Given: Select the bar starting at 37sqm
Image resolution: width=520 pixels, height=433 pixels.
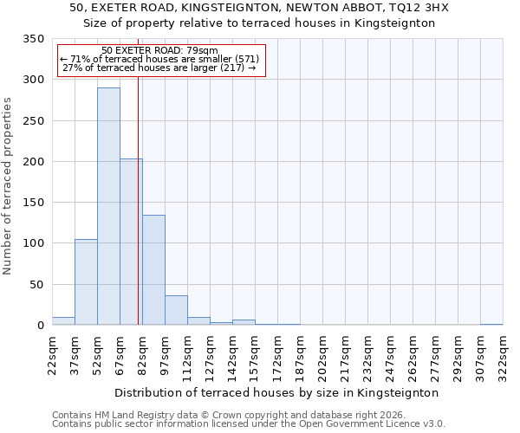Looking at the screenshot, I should point(86,282).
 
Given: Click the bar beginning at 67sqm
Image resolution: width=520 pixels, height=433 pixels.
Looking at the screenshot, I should point(131,242).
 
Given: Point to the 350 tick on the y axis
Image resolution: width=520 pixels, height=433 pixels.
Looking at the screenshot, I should point(33,39).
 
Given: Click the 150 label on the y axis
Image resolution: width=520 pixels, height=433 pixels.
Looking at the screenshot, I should point(33,203).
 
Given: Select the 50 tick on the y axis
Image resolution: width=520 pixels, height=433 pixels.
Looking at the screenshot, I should point(36,284).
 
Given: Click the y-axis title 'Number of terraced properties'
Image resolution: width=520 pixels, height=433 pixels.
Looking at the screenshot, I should point(8,185).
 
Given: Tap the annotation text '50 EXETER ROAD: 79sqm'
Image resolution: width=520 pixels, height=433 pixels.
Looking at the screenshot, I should point(159,51).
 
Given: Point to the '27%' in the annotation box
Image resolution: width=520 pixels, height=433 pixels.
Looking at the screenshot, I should point(72,68).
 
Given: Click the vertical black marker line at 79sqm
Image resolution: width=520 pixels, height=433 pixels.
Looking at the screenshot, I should point(138,199).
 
